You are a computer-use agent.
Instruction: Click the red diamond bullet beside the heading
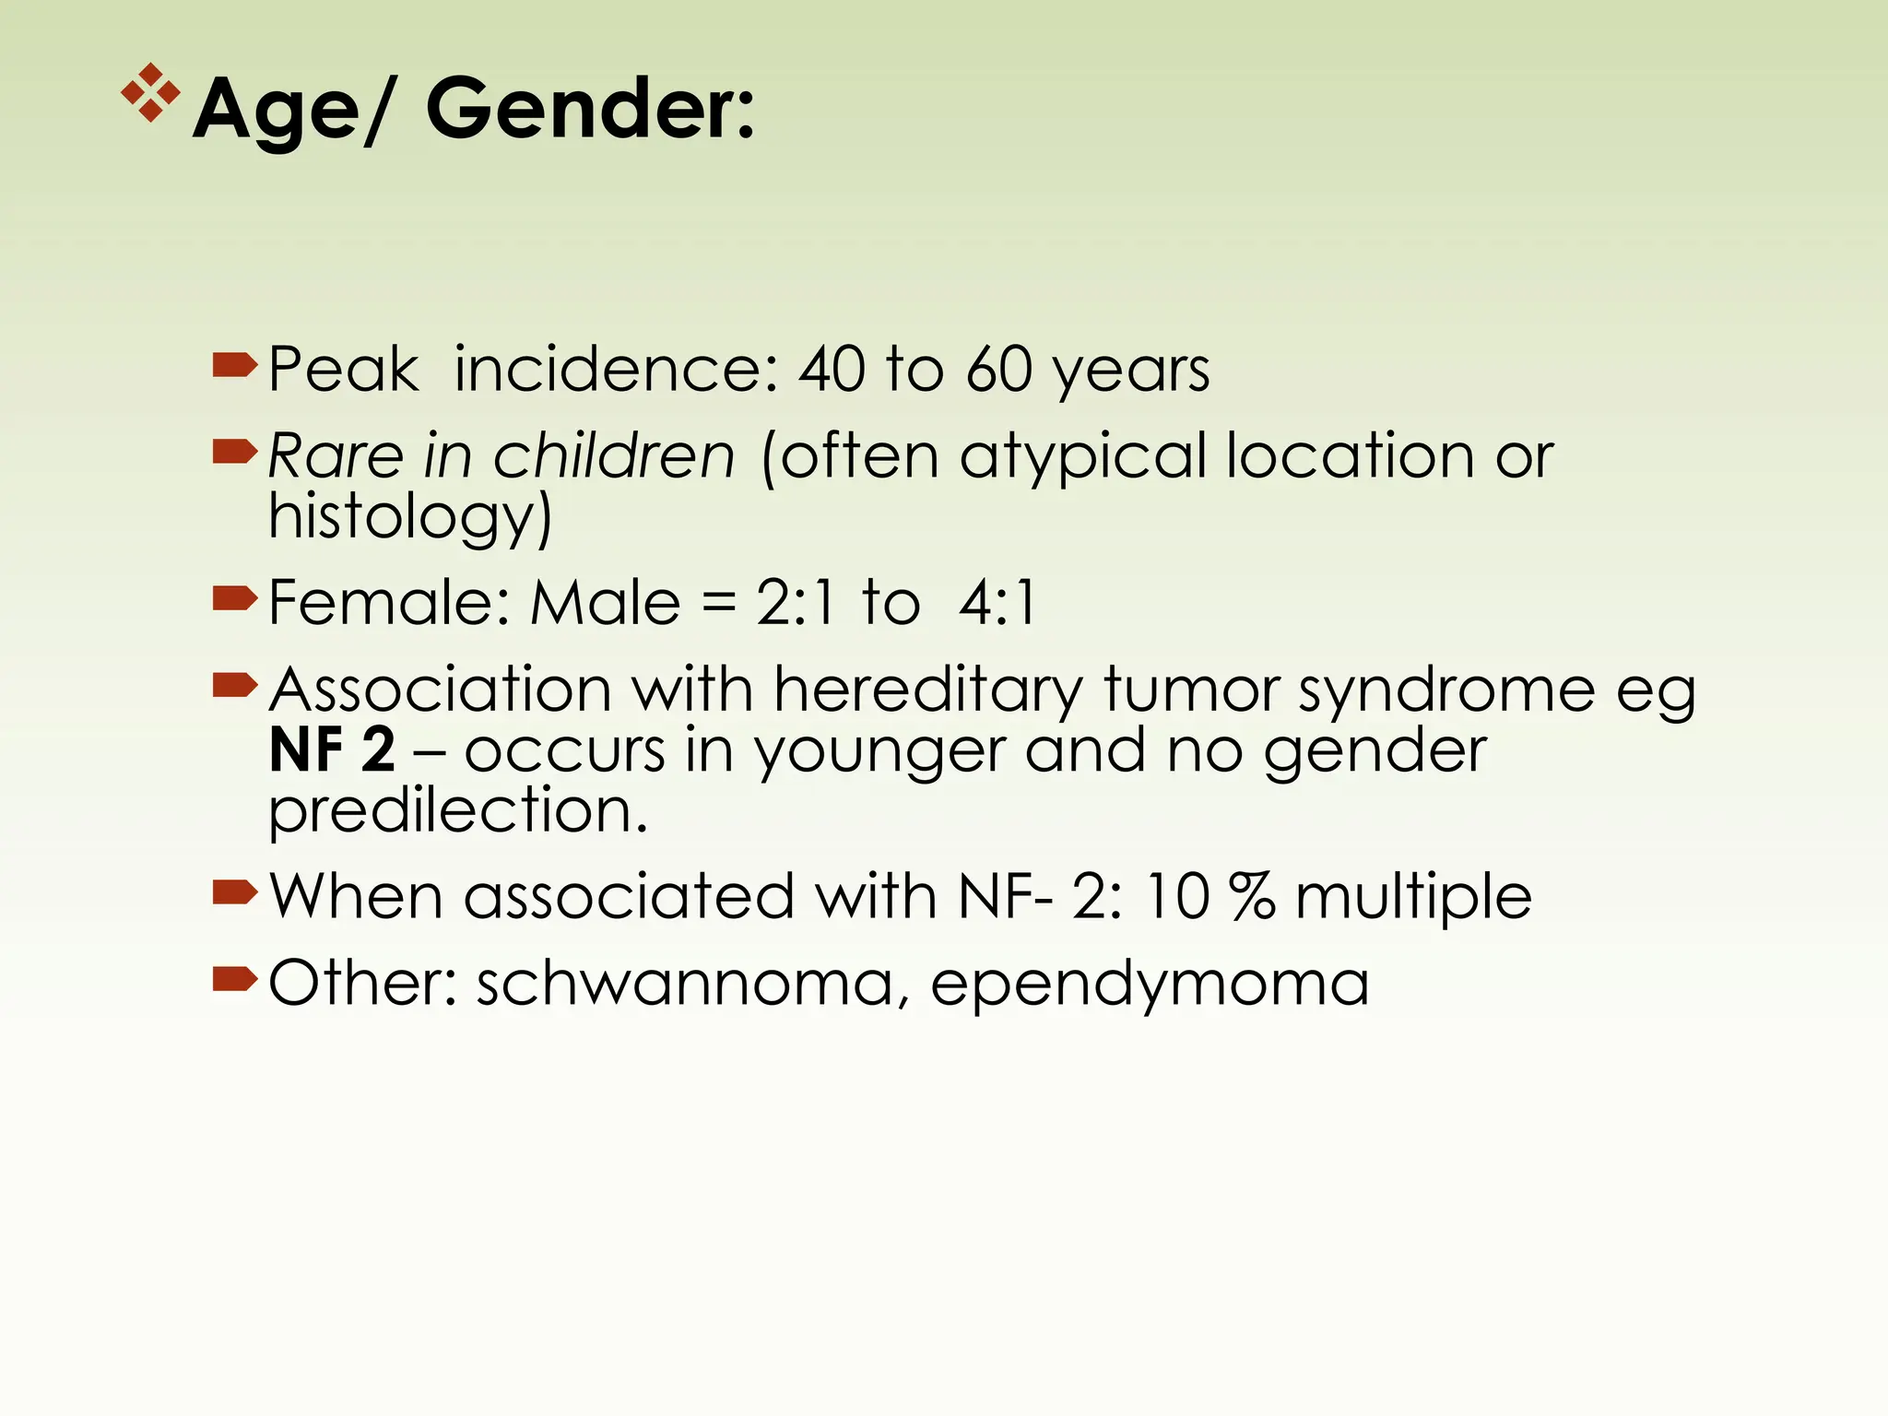tap(150, 93)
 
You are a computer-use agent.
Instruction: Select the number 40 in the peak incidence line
tap(832, 370)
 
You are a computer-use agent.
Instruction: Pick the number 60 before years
tap(998, 370)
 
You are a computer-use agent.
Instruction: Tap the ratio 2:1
tap(795, 604)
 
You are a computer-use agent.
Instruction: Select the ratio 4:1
tap(997, 604)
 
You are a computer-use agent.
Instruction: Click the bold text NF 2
tap(332, 749)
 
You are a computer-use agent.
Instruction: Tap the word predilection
tap(458, 811)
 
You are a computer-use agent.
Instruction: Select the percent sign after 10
tap(1253, 896)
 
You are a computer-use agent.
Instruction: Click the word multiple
tap(1413, 898)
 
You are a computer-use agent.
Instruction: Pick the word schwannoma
tap(685, 984)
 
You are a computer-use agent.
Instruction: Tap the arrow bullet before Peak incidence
tap(234, 366)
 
